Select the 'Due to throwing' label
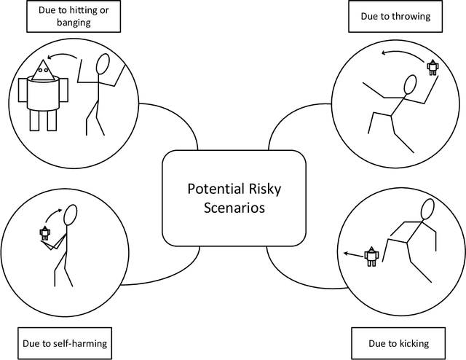tap(400, 15)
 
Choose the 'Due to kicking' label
tap(399, 343)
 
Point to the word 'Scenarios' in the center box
tap(233, 207)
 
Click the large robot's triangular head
tap(42, 70)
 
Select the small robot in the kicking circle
tap(371, 256)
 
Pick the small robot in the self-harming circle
tap(45, 233)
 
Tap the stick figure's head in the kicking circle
tap(425, 208)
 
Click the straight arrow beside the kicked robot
tap(354, 254)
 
